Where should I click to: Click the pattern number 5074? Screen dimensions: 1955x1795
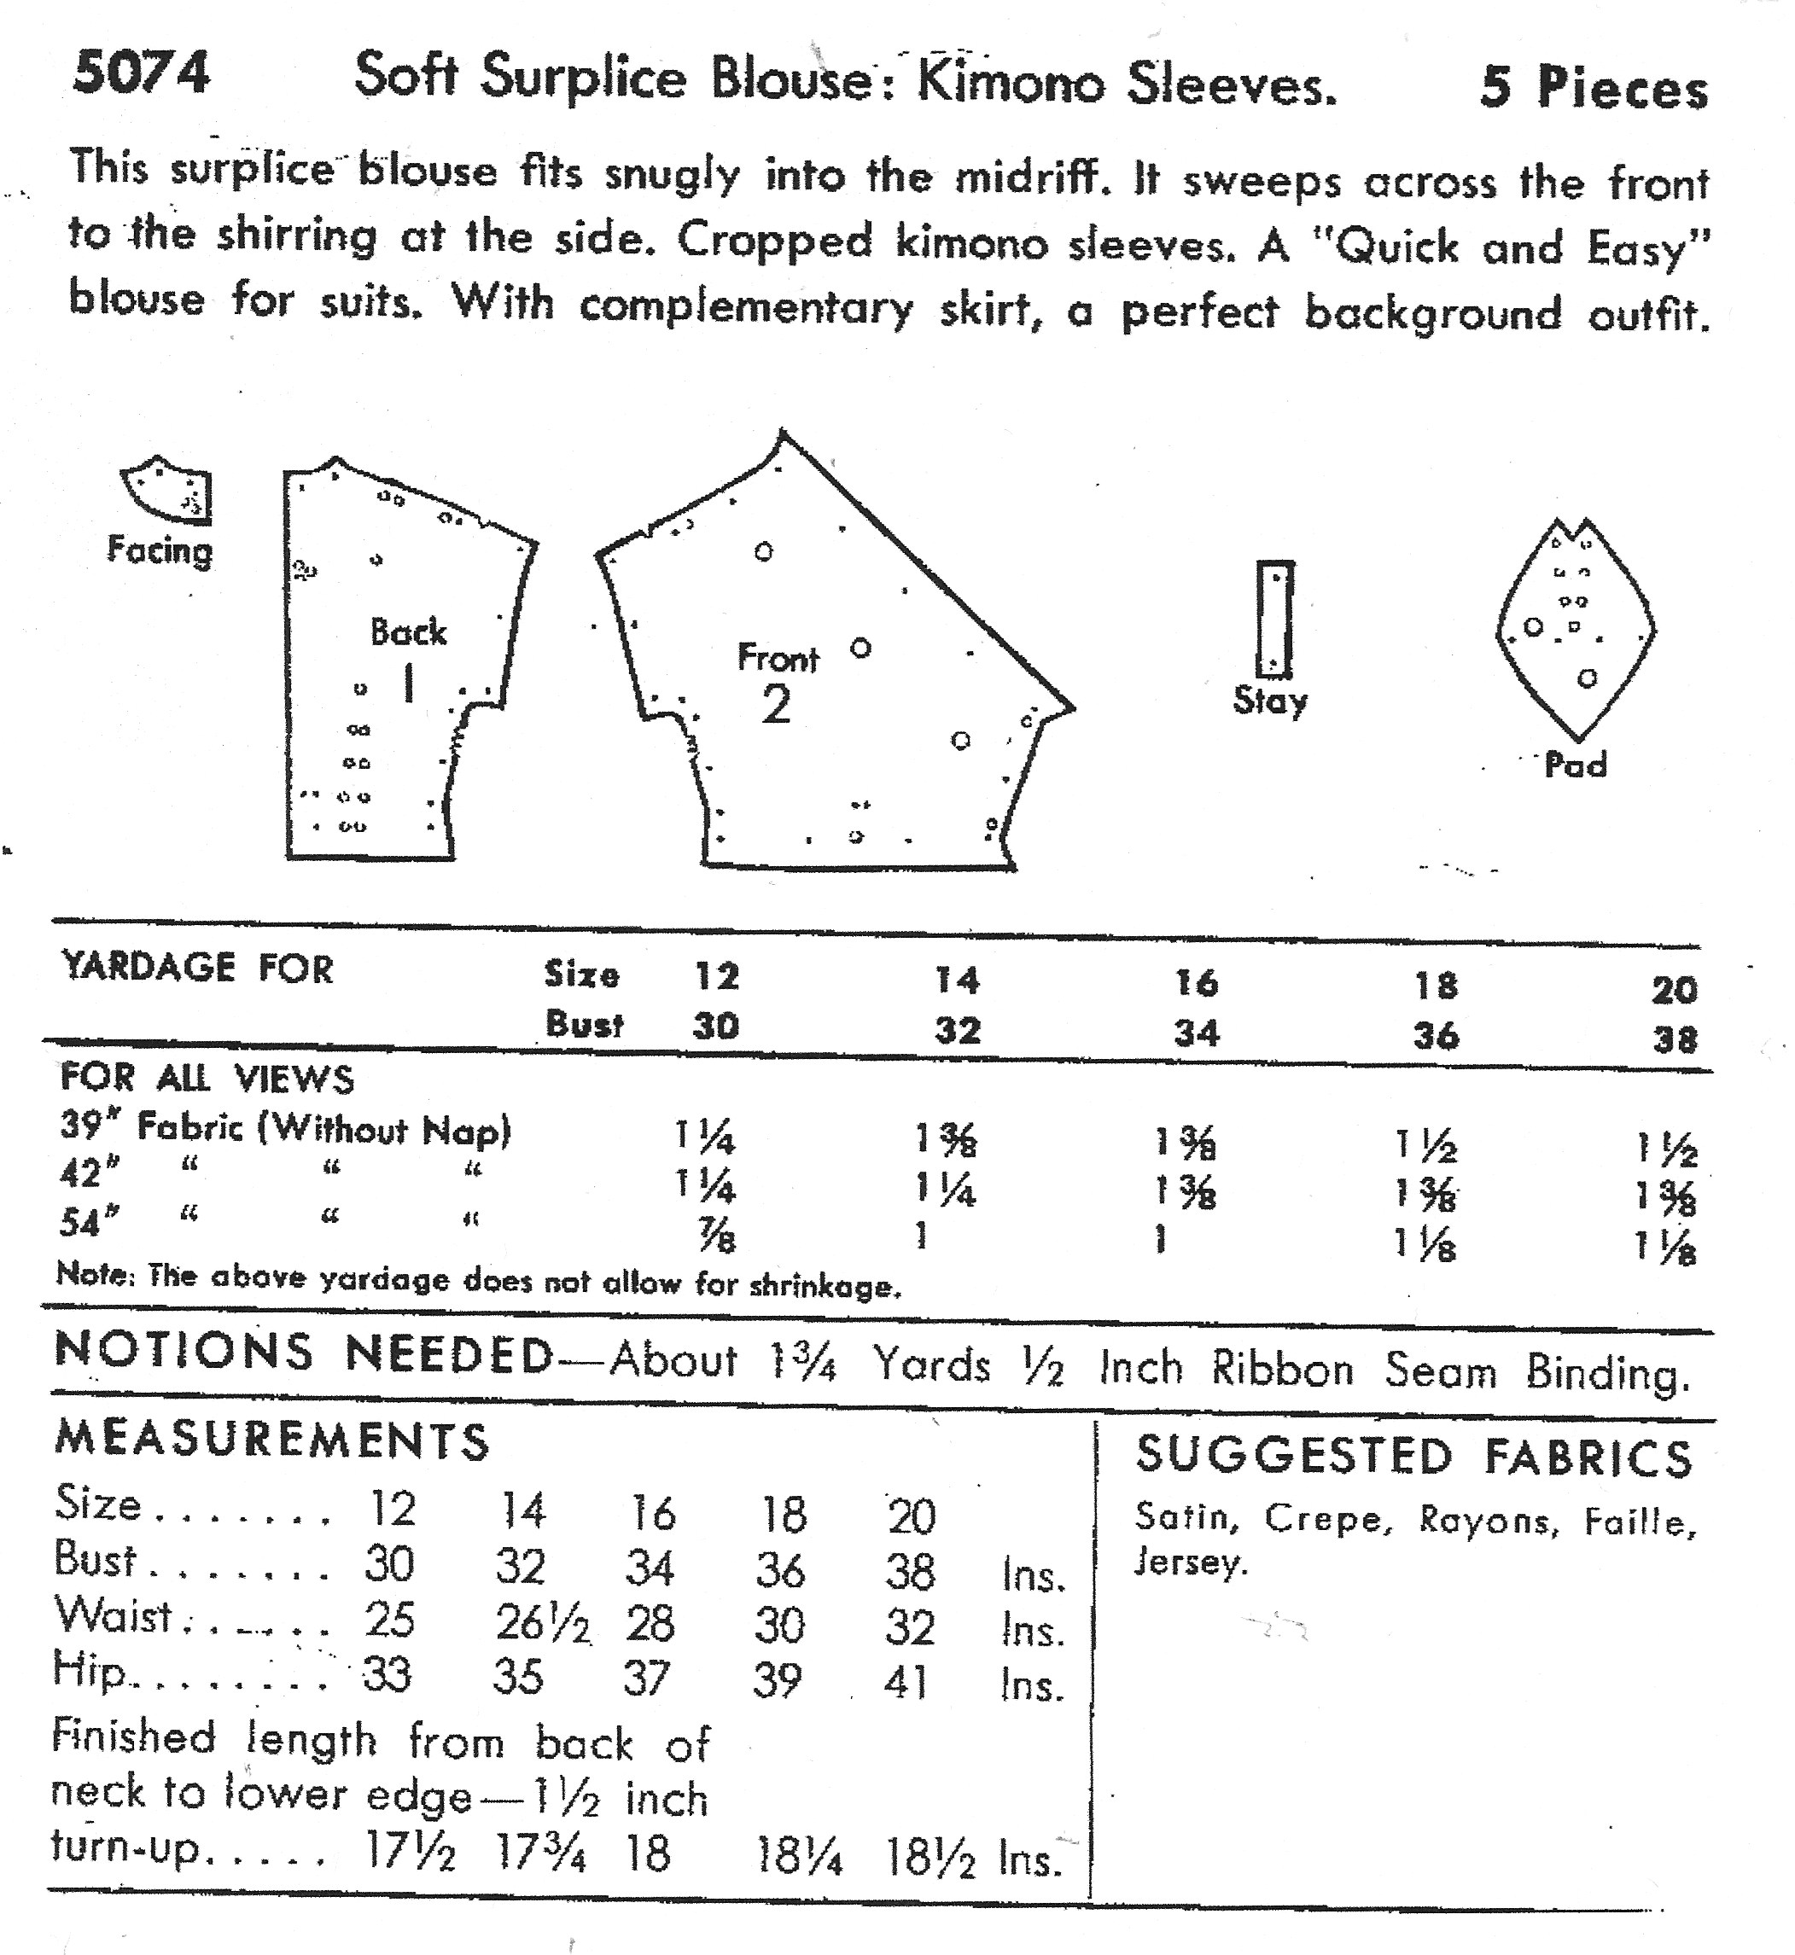point(141,73)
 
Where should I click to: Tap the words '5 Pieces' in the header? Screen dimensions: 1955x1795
point(1593,89)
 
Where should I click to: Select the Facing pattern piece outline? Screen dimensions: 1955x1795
point(168,491)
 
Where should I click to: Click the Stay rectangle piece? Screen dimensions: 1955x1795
point(1274,619)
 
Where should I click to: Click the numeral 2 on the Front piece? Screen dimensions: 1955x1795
point(775,705)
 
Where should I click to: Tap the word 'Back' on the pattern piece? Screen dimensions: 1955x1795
point(408,632)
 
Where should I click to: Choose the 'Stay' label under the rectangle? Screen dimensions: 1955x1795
point(1269,701)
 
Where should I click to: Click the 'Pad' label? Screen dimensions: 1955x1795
point(1576,765)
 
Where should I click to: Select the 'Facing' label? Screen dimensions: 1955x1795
point(160,550)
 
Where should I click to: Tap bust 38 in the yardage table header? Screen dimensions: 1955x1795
point(1675,1041)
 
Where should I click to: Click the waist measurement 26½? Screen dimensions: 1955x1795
point(542,1623)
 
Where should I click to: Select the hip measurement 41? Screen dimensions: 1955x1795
point(906,1681)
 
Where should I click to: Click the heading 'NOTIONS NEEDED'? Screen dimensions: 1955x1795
point(303,1352)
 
